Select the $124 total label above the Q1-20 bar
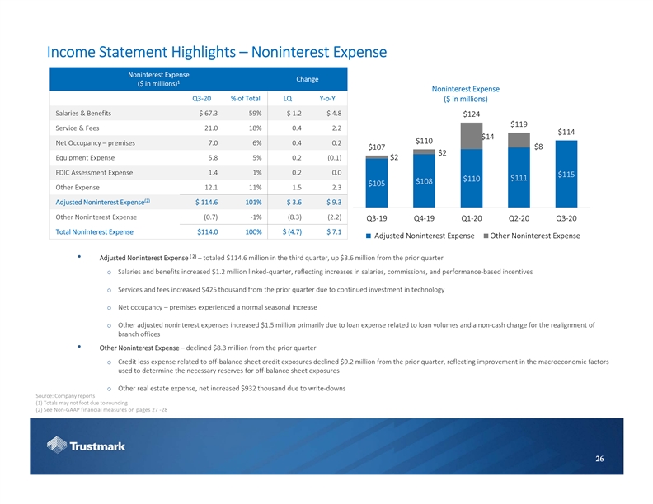pyautogui.click(x=471, y=114)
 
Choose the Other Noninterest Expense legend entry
pyautogui.click(x=531, y=237)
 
